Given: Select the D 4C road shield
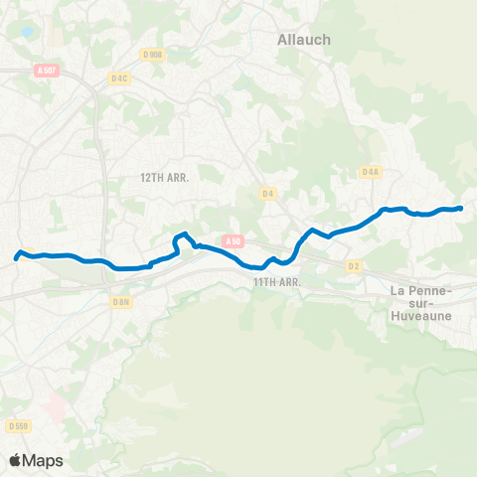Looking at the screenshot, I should point(120,78).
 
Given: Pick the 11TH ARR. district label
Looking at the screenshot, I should point(276,282).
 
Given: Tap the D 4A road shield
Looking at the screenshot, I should point(371,172).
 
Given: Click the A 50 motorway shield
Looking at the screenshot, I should point(233,240).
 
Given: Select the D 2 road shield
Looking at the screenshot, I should point(355,266).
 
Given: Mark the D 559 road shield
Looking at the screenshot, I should point(17,425).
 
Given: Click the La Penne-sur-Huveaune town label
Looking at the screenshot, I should point(423,301).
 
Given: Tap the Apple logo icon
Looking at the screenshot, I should point(15,460).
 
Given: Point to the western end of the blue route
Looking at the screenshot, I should point(16,259).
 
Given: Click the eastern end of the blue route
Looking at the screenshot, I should point(462,208).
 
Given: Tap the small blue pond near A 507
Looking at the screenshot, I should point(25,33).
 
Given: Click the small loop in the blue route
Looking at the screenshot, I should point(181,239).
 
